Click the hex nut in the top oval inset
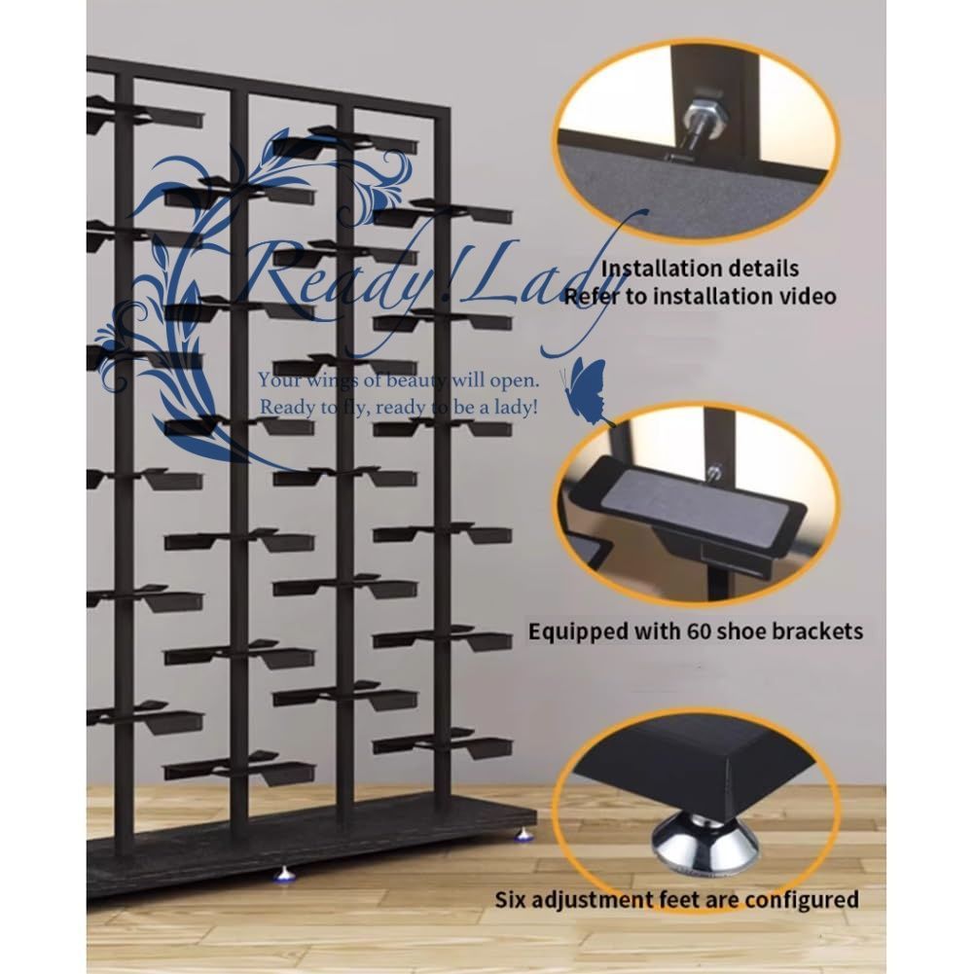point(702,111)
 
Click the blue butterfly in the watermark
point(584,389)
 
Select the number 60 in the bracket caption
point(700,631)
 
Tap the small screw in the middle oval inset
point(716,473)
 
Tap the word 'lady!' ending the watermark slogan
point(516,408)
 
